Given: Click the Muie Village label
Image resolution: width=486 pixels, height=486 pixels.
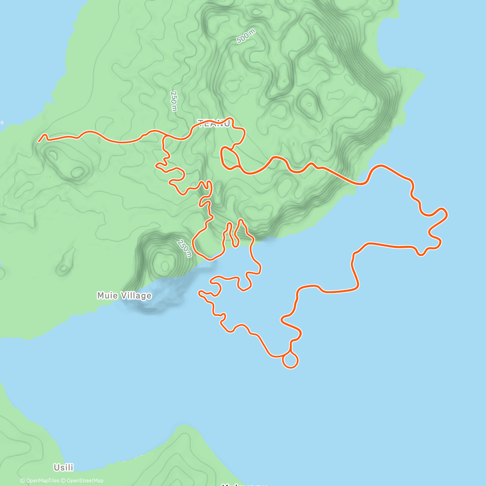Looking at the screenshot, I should [124, 296].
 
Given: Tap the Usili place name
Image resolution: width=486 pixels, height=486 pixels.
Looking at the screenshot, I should [64, 468].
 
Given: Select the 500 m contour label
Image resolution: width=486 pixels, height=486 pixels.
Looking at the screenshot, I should [246, 37].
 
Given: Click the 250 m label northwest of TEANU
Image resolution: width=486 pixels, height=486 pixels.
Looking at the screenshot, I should [174, 101].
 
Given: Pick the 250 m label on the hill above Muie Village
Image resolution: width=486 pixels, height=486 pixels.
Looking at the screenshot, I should [184, 248].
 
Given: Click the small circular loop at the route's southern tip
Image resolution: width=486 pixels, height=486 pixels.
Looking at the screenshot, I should [290, 360].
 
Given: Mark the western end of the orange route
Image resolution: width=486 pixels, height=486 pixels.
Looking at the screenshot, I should [39, 141].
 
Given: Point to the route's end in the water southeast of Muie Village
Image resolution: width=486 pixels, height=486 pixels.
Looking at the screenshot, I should [199, 292].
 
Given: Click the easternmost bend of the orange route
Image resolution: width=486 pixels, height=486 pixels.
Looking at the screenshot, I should [446, 213].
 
